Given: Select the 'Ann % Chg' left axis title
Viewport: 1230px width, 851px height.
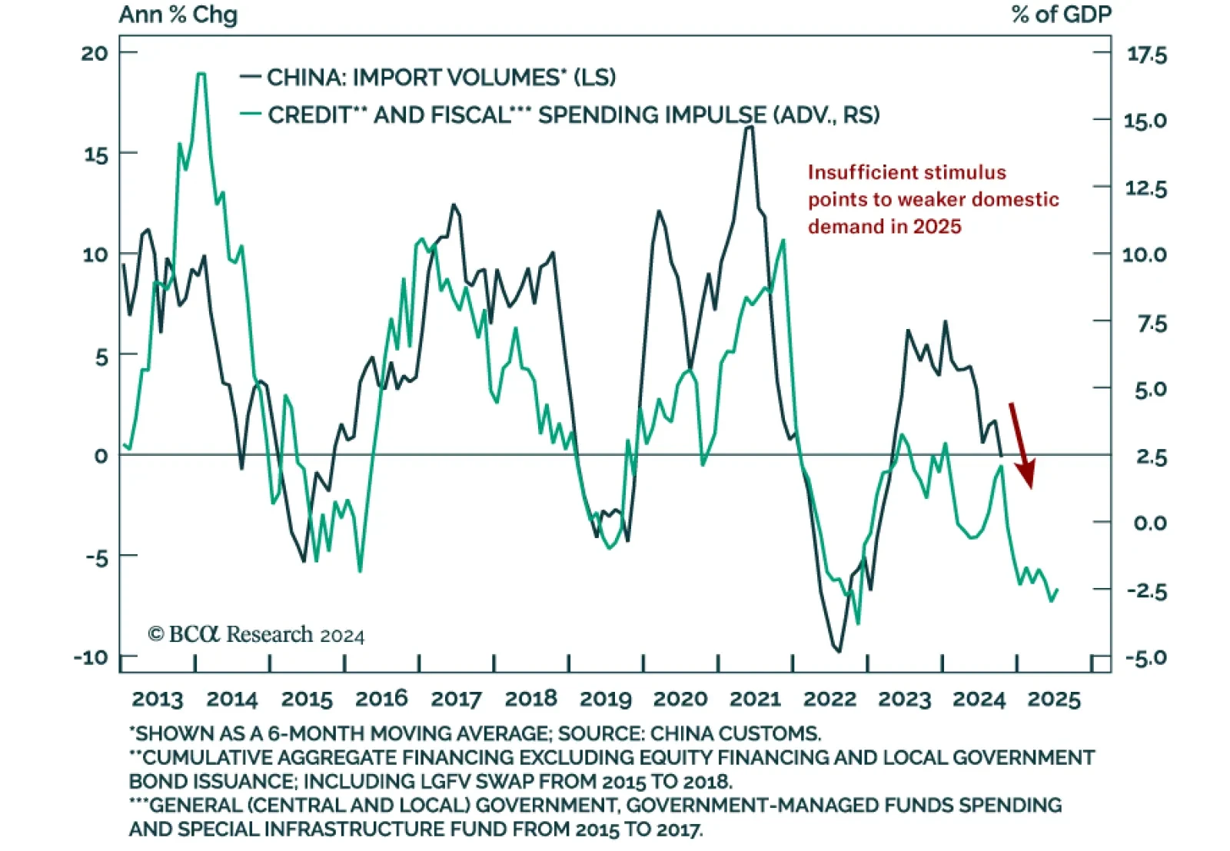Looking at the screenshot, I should click(x=178, y=15).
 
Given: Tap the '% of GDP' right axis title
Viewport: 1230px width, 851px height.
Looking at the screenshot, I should click(x=1061, y=15).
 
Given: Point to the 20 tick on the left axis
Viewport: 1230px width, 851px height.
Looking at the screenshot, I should click(x=95, y=53).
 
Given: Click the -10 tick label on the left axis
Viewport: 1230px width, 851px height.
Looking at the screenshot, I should click(x=91, y=657).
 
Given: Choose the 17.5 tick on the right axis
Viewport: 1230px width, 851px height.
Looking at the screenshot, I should click(x=1146, y=55).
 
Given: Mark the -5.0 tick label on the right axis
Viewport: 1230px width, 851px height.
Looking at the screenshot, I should click(x=1145, y=658).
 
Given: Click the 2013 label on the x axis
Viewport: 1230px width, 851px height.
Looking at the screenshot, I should click(x=158, y=699).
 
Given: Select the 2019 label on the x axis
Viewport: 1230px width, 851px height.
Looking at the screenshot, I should click(x=606, y=699).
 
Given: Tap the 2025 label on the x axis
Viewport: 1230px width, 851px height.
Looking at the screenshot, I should click(x=1054, y=699).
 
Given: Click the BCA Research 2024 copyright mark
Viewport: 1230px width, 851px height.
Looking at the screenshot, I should click(x=256, y=634).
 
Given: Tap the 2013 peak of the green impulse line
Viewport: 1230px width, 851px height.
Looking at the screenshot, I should click(x=201, y=75).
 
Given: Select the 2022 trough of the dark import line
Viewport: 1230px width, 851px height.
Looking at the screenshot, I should click(x=838, y=651).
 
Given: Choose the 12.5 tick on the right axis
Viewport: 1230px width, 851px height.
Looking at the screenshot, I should click(x=1145, y=188).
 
